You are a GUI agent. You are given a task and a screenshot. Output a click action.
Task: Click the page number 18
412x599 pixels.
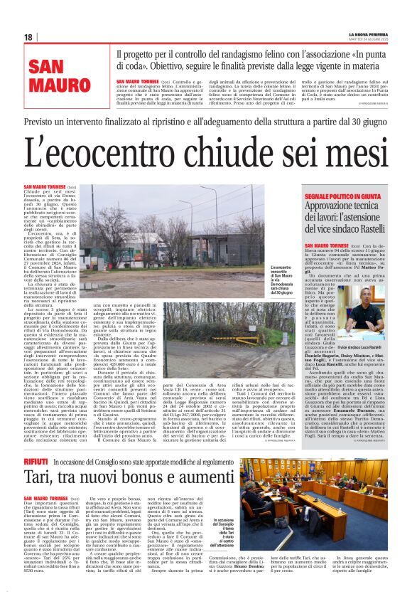pyautogui.click(x=28, y=37)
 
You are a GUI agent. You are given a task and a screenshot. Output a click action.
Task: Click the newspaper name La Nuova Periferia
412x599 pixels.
pyautogui.click(x=368, y=35)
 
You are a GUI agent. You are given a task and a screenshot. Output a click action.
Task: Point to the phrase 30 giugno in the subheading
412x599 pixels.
pyautogui.click(x=352, y=122)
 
